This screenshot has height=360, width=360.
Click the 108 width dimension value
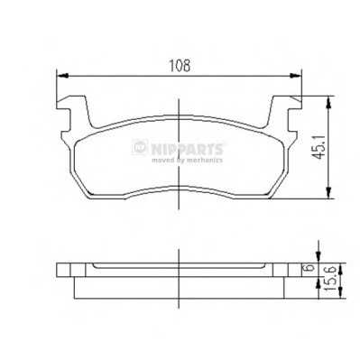180,65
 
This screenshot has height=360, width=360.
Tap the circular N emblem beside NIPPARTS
140,147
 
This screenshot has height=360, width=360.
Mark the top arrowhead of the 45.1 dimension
327,100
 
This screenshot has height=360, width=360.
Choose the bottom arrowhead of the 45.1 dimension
327,192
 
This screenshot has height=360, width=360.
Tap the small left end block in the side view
64,269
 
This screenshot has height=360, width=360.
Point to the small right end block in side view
297,269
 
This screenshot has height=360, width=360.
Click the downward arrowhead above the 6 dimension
318,258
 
